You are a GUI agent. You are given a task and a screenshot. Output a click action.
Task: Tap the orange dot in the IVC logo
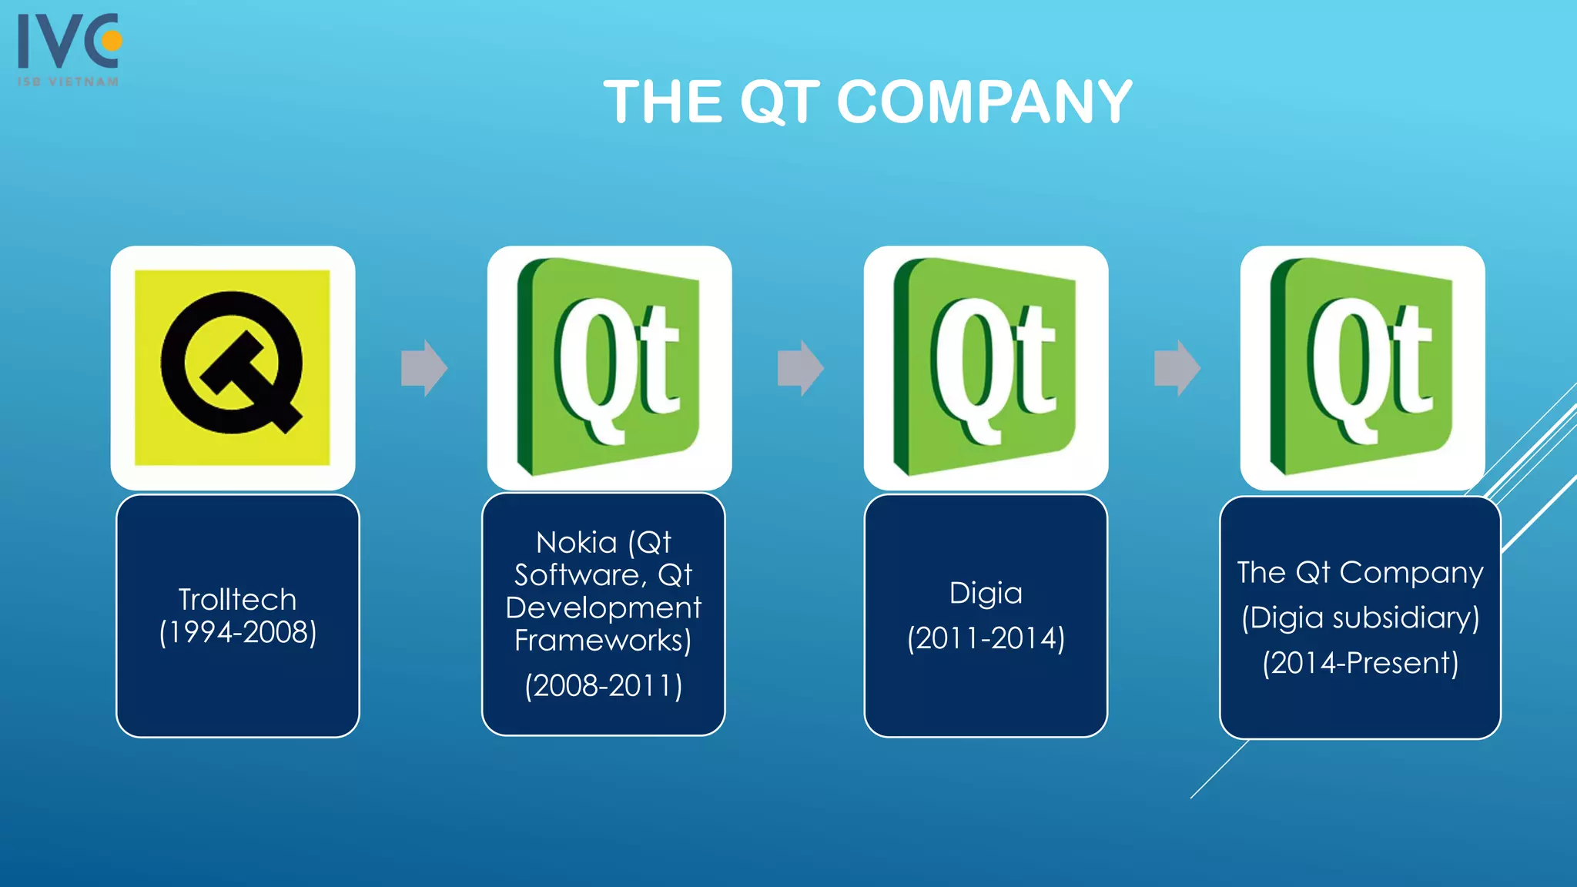coord(112,40)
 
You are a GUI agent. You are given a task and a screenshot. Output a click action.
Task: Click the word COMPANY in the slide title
coord(983,102)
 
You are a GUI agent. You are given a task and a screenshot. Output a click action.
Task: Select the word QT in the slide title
coord(779,102)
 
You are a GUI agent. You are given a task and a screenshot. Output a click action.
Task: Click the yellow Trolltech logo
coord(233,367)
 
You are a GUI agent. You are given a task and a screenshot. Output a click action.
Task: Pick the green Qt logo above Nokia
coord(609,367)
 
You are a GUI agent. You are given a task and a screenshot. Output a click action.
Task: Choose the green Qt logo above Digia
coord(986,367)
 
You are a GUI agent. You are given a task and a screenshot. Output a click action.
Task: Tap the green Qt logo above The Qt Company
coord(1362,367)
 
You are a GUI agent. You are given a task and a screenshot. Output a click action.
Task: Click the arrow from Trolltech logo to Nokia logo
coord(424,368)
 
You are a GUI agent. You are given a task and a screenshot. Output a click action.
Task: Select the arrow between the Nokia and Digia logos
coord(800,368)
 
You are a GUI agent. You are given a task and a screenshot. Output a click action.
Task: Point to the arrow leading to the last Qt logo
coord(1177,368)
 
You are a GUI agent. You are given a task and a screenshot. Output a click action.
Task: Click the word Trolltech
coord(237,599)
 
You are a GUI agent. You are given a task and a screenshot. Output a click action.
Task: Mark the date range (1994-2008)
coord(238,632)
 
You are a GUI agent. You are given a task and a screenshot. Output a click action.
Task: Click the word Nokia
coord(576,543)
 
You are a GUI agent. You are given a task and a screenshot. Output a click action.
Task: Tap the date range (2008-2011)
coord(604,685)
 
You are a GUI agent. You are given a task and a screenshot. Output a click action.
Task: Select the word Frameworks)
coord(603,640)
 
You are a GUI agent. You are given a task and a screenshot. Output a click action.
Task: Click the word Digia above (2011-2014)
coord(986,593)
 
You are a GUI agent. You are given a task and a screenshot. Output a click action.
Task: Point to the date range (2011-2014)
coord(986,638)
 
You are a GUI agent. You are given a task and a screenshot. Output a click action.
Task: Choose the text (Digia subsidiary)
coord(1361,618)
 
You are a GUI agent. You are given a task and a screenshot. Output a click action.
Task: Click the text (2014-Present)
coord(1361,663)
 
